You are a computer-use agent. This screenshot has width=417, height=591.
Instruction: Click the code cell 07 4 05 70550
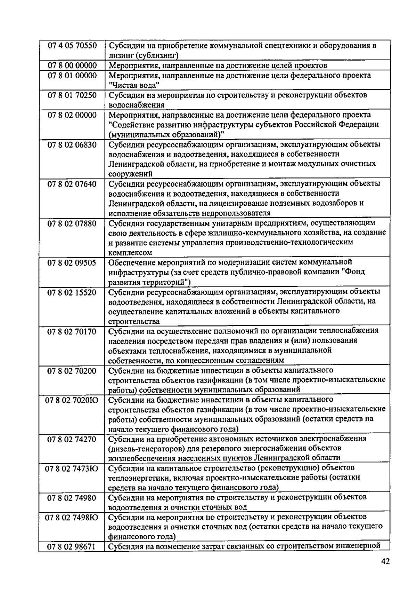(72, 46)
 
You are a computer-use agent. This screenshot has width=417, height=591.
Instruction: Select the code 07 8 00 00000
(72, 65)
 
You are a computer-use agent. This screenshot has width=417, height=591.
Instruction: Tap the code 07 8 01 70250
(72, 95)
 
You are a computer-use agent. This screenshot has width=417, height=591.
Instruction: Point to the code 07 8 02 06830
(72, 144)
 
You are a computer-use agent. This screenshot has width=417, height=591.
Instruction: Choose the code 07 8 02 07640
(72, 184)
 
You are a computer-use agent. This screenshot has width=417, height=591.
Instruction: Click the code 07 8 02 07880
(72, 223)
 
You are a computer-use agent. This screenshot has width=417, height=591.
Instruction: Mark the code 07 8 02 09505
(72, 262)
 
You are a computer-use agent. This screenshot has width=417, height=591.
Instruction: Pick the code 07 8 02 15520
(72, 292)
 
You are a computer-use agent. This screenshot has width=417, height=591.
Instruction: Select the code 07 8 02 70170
(72, 331)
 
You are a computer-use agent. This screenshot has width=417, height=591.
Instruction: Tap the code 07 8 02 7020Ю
(72, 400)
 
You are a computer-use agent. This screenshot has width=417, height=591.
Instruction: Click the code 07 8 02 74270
(72, 439)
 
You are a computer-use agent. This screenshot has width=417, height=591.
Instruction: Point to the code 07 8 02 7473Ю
(72, 468)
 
